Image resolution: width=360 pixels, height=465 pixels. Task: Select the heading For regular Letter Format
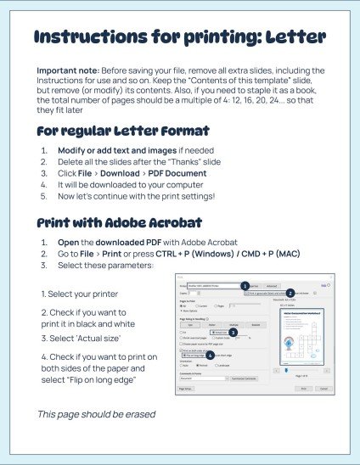pyautogui.click(x=123, y=132)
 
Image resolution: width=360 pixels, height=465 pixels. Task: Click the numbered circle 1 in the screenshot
pyautogui.click(x=245, y=286)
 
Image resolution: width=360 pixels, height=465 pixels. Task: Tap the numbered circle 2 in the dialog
pyautogui.click(x=290, y=293)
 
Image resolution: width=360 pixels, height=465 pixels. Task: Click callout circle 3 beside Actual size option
pyautogui.click(x=233, y=332)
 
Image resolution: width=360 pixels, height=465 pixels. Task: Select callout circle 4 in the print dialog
pyautogui.click(x=210, y=354)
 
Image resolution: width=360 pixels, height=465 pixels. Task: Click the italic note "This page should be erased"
pyautogui.click(x=97, y=414)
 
